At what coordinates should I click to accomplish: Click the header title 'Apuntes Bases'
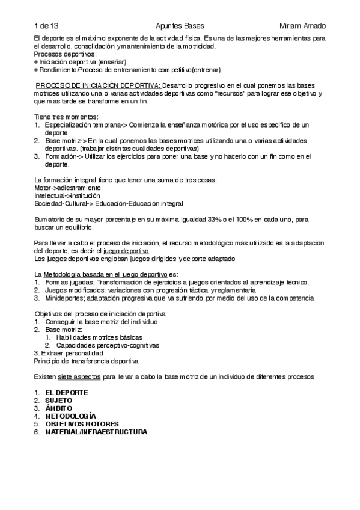pyautogui.click(x=180, y=26)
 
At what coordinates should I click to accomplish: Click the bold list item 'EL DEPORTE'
pyautogui.click(x=67, y=392)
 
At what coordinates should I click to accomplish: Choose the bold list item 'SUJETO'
pyautogui.click(x=59, y=400)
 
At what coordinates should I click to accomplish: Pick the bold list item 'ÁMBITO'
pyautogui.click(x=59, y=408)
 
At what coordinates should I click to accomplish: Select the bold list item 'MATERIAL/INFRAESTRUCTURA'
pyautogui.click(x=96, y=431)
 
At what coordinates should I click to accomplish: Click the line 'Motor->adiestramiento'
pyautogui.click(x=68, y=188)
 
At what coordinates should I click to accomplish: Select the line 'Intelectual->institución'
pyautogui.click(x=68, y=195)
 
